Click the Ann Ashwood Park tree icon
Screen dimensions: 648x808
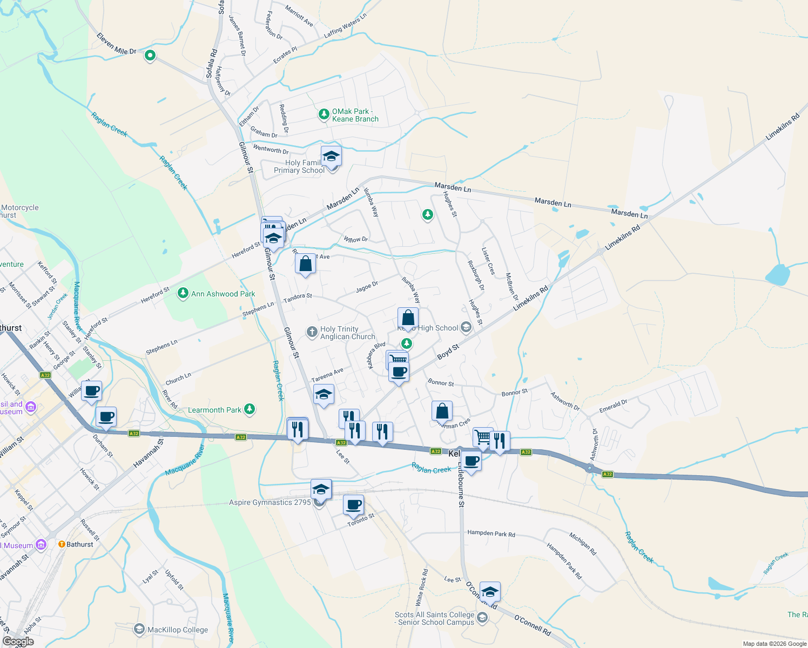coord(183,293)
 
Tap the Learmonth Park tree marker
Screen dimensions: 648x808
coord(250,409)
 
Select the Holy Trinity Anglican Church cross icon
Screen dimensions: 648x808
coord(312,332)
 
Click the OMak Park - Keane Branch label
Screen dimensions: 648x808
coord(355,115)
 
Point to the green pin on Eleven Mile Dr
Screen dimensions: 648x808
coord(150,55)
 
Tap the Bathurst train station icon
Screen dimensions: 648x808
coord(62,544)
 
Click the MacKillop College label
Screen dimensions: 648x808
coord(178,630)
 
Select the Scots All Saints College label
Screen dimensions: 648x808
coord(434,618)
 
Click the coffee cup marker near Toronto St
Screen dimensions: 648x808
coord(353,505)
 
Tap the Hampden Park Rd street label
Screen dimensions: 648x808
coord(491,534)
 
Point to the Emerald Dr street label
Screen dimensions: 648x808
coord(613,407)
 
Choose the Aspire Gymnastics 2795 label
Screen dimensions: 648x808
coord(270,502)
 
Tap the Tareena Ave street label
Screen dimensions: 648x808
coord(327,375)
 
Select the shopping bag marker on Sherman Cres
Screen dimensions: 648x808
coord(442,411)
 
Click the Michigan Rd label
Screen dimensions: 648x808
coord(583,544)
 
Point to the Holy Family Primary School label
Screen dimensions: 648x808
coord(299,166)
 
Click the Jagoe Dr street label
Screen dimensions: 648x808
coord(367,287)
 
